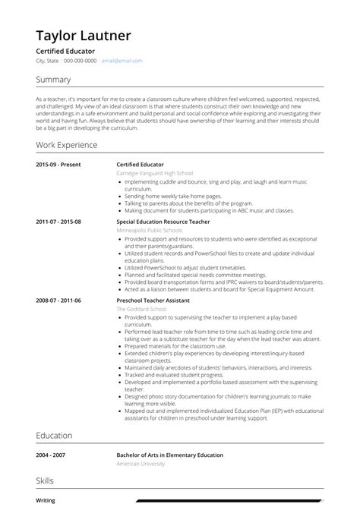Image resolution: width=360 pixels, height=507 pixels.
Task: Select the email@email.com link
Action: click(x=122, y=61)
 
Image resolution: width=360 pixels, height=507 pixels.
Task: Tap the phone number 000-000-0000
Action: click(x=80, y=61)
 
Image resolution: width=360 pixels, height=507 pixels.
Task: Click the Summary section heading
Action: click(x=53, y=80)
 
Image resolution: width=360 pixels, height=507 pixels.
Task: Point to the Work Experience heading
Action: click(x=68, y=144)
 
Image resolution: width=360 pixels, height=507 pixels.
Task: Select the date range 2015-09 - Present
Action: click(x=58, y=164)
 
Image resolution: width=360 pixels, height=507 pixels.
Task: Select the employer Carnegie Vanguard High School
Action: click(x=154, y=173)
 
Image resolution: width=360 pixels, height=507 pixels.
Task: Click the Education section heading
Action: click(x=54, y=436)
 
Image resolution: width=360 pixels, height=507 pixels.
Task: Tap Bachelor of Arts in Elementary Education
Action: click(x=169, y=455)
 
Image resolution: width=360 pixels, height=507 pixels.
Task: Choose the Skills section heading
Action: click(x=44, y=481)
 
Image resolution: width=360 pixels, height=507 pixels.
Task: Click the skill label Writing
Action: click(x=45, y=500)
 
